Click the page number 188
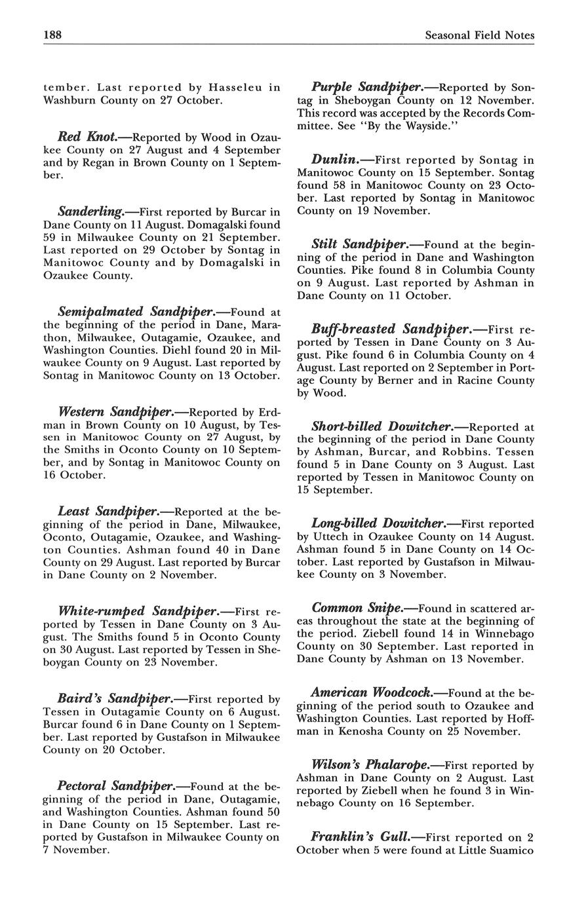click(x=52, y=35)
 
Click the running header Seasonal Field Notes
click(x=479, y=35)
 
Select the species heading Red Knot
click(x=87, y=137)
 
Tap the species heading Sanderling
click(x=90, y=212)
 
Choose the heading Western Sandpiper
click(x=115, y=412)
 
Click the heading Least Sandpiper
click(x=108, y=512)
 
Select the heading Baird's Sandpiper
click(x=115, y=699)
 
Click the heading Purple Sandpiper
click(x=366, y=87)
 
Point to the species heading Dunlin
click(x=334, y=159)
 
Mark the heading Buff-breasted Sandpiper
click(x=391, y=330)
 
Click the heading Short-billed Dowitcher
click(x=382, y=427)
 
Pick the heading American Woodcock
click(x=371, y=693)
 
